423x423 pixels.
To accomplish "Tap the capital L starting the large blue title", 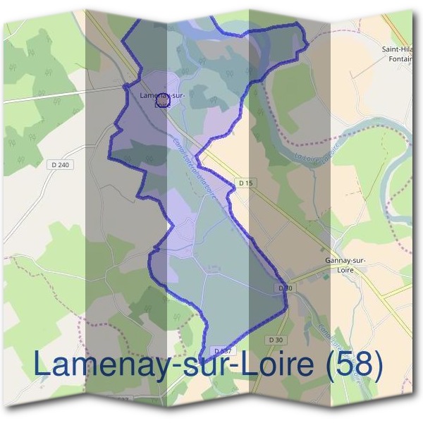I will point(43,364).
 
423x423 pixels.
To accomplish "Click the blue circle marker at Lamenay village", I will point(161,103).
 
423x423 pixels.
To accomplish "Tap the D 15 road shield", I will point(245,183).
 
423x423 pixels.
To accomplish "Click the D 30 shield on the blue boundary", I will point(285,288).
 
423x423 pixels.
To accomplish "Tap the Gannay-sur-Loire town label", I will point(345,264).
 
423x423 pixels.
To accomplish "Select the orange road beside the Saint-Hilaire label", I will point(402,28).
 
